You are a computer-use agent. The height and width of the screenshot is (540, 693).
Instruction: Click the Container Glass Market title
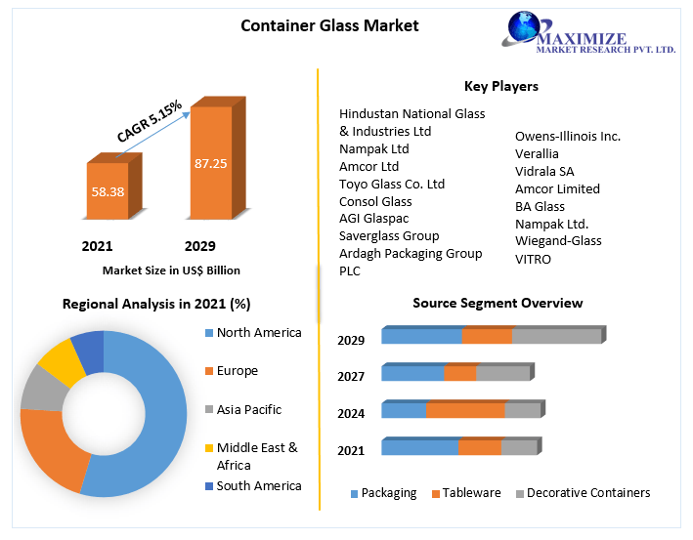329,25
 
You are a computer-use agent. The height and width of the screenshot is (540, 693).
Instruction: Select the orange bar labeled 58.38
108,191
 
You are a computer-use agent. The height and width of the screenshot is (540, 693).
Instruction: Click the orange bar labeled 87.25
210,162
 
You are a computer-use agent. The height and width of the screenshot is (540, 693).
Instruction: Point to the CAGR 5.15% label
150,119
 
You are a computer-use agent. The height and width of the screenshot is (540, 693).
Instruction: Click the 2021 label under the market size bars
98,246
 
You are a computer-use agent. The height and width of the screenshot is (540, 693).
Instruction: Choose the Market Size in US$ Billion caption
171,270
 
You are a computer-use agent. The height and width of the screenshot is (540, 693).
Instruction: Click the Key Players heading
501,86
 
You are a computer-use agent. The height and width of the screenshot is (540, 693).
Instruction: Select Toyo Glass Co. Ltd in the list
392,184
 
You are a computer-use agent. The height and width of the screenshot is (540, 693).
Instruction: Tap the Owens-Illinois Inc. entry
568,136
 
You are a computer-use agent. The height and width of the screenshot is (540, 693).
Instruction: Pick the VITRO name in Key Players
533,259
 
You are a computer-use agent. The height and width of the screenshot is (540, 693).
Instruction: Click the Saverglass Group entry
389,235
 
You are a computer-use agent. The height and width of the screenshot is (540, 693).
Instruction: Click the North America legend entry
259,333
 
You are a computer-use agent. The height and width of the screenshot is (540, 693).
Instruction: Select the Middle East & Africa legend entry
257,456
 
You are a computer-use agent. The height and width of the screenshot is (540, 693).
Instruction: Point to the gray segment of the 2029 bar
556,337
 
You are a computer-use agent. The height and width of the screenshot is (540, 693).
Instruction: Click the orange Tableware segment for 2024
465,410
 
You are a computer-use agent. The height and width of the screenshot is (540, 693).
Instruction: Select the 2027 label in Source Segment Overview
351,377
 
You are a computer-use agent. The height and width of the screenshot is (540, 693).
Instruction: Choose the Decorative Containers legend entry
587,493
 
